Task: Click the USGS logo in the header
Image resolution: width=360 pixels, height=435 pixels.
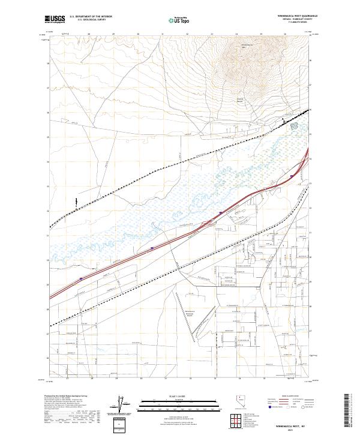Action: click(55, 19)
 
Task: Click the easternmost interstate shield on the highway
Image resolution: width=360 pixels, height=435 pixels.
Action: click(292, 176)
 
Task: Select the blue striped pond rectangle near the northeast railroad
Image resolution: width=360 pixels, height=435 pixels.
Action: click(294, 126)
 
